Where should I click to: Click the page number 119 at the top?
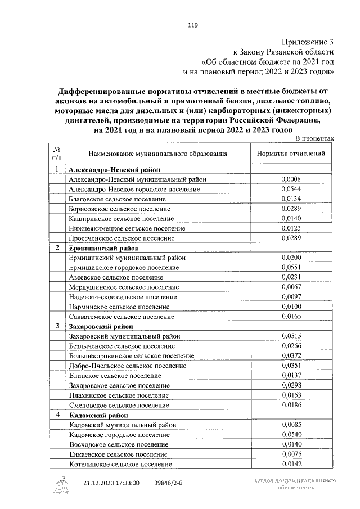coord(192,25)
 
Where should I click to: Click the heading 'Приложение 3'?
coord(308,42)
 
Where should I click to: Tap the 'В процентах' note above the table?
coord(315,138)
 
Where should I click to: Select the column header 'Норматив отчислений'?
coord(291,153)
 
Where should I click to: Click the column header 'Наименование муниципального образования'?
coord(158,153)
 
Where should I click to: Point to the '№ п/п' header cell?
coord(57,153)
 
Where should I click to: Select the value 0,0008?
coord(291,179)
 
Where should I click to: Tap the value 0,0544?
coord(291,189)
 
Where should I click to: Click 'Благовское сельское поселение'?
coord(117,199)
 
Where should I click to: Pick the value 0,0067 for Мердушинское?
coord(291,287)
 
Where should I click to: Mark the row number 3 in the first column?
coord(57,326)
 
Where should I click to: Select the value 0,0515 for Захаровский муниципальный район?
coord(291,336)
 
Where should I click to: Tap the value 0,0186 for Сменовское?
coord(291,404)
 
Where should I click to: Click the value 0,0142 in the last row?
coord(291,464)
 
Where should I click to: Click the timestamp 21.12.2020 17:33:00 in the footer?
coord(111,483)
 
